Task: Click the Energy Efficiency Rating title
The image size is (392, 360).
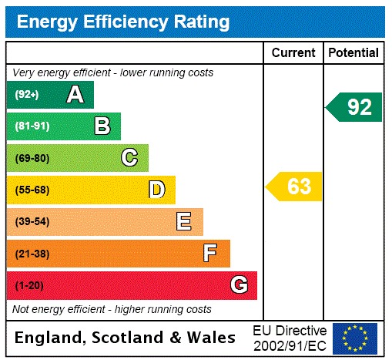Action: click(x=122, y=22)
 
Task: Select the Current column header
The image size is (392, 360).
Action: click(x=293, y=53)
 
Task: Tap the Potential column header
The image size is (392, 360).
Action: click(x=353, y=53)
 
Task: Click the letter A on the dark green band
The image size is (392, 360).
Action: click(x=75, y=95)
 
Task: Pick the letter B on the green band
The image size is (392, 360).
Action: click(x=102, y=126)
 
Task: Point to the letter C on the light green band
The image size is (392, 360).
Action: click(x=129, y=158)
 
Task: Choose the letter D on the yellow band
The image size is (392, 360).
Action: click(x=156, y=190)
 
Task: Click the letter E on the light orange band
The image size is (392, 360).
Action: click(x=183, y=222)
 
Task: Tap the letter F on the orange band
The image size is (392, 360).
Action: click(x=209, y=254)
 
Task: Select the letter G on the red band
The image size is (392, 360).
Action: click(x=239, y=285)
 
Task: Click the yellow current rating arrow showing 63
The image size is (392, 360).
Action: click(x=294, y=187)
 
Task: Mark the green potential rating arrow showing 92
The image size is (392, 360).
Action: click(x=354, y=107)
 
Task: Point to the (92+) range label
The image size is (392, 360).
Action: click(x=26, y=95)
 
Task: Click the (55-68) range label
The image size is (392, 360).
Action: click(x=32, y=190)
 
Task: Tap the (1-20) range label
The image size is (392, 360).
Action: click(x=29, y=285)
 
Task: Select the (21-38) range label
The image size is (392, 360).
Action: click(x=32, y=254)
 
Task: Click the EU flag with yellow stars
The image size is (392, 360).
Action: click(x=355, y=338)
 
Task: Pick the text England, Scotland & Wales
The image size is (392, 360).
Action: click(x=126, y=338)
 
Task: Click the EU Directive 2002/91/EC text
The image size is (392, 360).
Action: click(x=290, y=338)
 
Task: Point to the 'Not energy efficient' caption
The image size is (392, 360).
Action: click(x=112, y=309)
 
